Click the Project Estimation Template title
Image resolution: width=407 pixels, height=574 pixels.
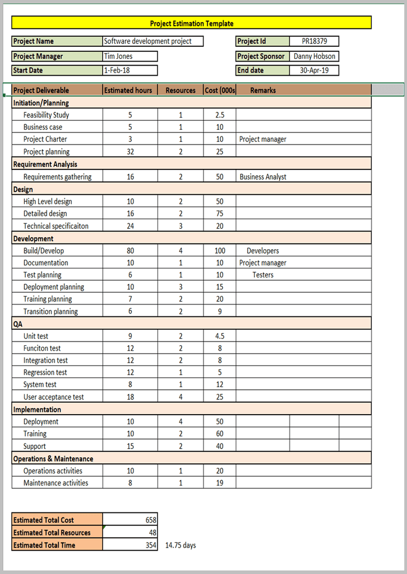pyautogui.click(x=192, y=23)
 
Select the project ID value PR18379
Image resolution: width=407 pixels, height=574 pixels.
pyautogui.click(x=314, y=41)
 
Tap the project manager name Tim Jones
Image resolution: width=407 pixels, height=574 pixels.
pyautogui.click(x=118, y=56)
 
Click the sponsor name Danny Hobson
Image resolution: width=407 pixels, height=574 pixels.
pyautogui.click(x=314, y=56)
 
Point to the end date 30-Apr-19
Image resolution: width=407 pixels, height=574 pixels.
pyautogui.click(x=314, y=71)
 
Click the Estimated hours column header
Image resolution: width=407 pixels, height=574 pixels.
pyautogui.click(x=128, y=90)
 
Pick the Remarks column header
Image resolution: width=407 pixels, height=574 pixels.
pyautogui.click(x=263, y=90)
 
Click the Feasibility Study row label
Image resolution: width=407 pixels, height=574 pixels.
pyautogui.click(x=46, y=115)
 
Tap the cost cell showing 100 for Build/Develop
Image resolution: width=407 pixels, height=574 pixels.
pyautogui.click(x=220, y=251)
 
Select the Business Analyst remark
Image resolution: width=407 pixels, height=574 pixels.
pyautogui.click(x=263, y=177)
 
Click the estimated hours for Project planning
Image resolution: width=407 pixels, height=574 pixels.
pyautogui.click(x=131, y=152)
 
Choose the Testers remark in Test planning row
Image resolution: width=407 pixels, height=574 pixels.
pyautogui.click(x=263, y=275)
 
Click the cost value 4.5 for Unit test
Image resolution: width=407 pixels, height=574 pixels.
pyautogui.click(x=220, y=336)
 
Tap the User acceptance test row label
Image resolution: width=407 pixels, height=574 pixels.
pyautogui.click(x=54, y=397)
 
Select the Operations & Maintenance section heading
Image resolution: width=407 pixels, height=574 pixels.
pyautogui.click(x=53, y=459)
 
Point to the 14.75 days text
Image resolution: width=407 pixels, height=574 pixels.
pyautogui.click(x=180, y=545)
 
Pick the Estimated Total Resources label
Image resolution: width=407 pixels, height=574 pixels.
pyautogui.click(x=51, y=533)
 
